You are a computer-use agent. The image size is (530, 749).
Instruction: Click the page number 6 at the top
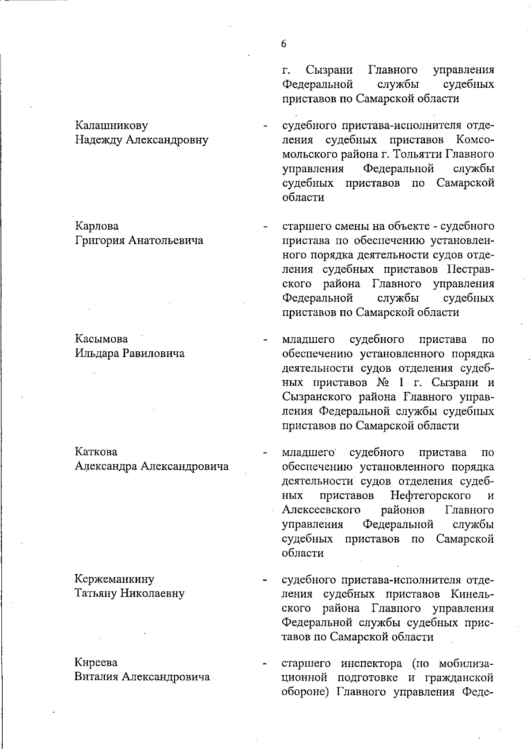tap(284, 44)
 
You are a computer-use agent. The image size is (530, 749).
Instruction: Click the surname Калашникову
tap(111, 126)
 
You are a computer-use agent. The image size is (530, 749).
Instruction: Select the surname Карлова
tap(97, 226)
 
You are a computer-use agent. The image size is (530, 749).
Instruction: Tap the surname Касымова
tap(101, 339)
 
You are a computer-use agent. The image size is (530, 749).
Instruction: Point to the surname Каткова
tap(96, 452)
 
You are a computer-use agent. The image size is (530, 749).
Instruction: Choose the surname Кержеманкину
tap(114, 579)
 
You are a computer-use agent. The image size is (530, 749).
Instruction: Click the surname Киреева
tap(95, 662)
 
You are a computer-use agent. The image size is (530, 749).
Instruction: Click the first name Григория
tap(100, 241)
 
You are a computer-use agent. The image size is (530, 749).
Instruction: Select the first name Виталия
tap(96, 677)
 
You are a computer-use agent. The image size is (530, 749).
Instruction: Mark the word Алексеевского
tap(321, 510)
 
